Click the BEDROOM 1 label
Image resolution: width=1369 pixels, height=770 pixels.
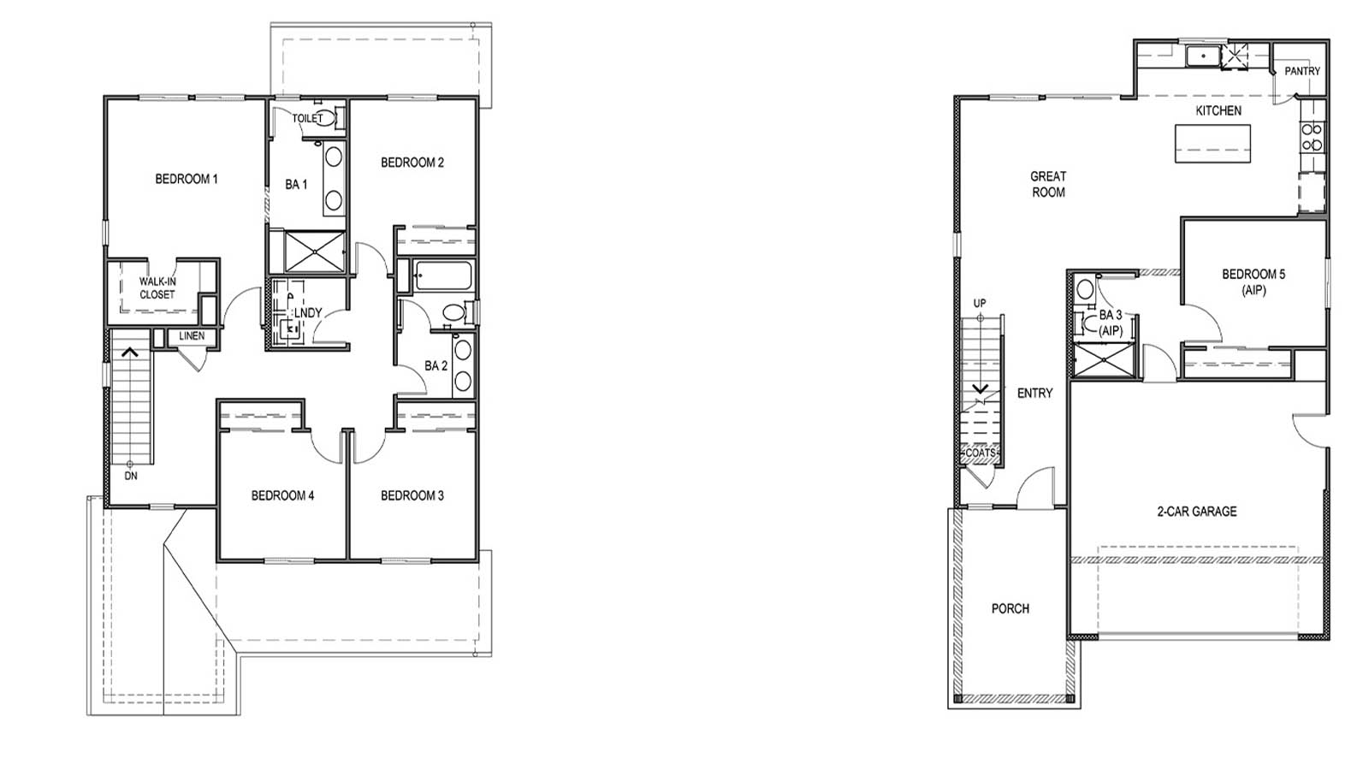pyautogui.click(x=186, y=179)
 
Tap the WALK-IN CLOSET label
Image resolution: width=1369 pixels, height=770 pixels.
pyautogui.click(x=157, y=288)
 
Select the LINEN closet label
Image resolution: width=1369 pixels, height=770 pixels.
pyautogui.click(x=192, y=336)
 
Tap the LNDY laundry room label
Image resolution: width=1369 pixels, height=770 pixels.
pyautogui.click(x=307, y=313)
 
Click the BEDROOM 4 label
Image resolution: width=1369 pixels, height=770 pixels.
pyautogui.click(x=282, y=495)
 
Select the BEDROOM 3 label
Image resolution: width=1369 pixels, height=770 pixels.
pyautogui.click(x=412, y=495)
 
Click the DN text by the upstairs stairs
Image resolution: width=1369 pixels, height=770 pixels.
pyautogui.click(x=131, y=476)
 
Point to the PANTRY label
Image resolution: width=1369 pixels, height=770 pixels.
pyautogui.click(x=1301, y=71)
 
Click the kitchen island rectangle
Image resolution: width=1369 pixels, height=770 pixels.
pyautogui.click(x=1212, y=143)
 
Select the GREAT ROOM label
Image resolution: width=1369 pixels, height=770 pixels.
pyautogui.click(x=1048, y=184)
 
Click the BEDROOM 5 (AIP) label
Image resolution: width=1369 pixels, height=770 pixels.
pyautogui.click(x=1253, y=281)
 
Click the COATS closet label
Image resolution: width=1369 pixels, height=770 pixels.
pyautogui.click(x=981, y=453)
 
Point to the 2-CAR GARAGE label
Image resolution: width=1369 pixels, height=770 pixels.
pyautogui.click(x=1196, y=512)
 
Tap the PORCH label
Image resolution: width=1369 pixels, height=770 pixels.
pyautogui.click(x=1010, y=608)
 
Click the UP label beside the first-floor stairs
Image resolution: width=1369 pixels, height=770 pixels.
pyautogui.click(x=980, y=304)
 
